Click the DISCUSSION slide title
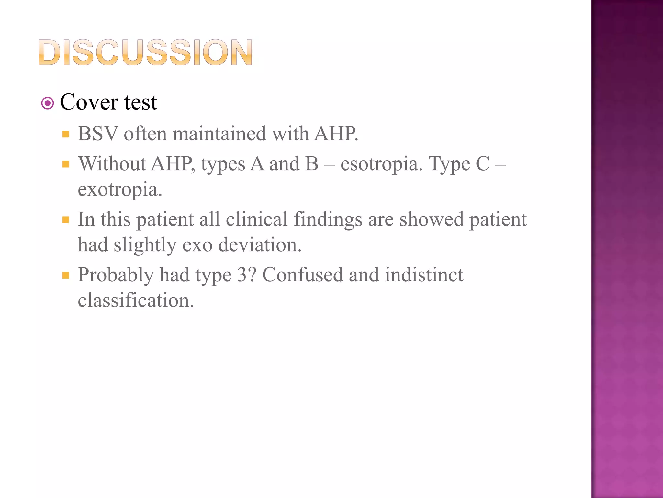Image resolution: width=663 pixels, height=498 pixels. coord(145,53)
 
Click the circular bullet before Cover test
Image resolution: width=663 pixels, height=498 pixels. coord(48,103)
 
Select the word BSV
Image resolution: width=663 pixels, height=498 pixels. coord(98,134)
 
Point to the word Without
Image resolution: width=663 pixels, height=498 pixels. coord(112,163)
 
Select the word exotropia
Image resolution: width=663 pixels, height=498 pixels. coord(120,190)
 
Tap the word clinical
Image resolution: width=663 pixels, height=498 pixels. coord(256,219)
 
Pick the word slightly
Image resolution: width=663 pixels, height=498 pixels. coord(145,245)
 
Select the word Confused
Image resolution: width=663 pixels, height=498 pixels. coord(302,275)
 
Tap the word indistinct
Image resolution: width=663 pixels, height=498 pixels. coord(424,275)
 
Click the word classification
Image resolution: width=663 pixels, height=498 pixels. coord(136,300)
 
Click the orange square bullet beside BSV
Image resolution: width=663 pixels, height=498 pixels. coord(66,134)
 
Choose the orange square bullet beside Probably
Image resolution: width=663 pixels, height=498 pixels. coord(66,276)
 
